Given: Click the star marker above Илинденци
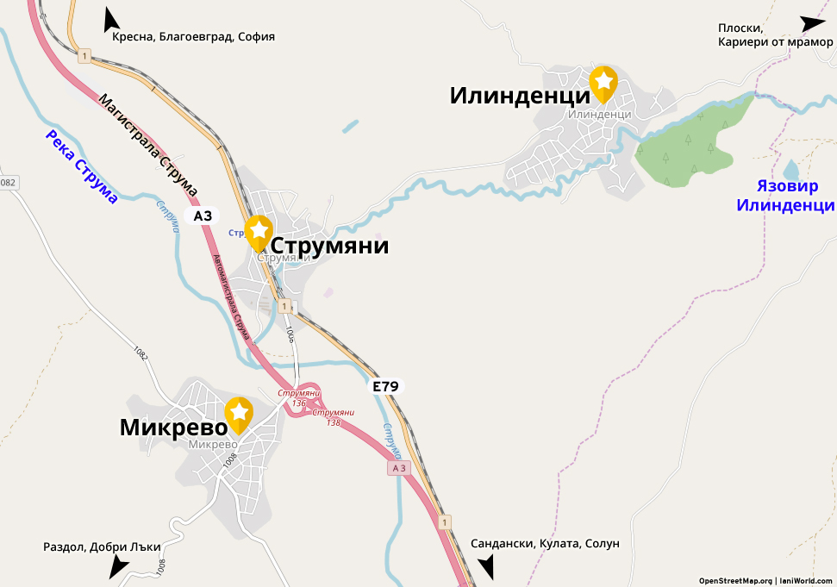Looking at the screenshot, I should point(603,82).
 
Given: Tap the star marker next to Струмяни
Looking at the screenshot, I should point(259,231).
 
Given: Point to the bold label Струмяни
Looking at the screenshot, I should point(330,247).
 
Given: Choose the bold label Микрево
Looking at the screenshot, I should point(172,428).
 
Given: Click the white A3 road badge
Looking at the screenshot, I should point(203,215).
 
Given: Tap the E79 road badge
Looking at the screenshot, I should point(385,387).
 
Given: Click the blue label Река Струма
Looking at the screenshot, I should point(82,166).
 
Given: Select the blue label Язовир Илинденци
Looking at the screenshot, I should point(784,196).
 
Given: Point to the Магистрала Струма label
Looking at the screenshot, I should point(148,144).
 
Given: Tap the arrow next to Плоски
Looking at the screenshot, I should point(812,24).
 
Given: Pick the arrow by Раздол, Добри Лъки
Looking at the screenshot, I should point(118,565).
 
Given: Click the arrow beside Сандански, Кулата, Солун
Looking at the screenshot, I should point(487,565).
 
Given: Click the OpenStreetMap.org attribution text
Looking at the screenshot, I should point(735,581).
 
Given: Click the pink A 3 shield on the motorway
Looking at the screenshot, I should point(397,468).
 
